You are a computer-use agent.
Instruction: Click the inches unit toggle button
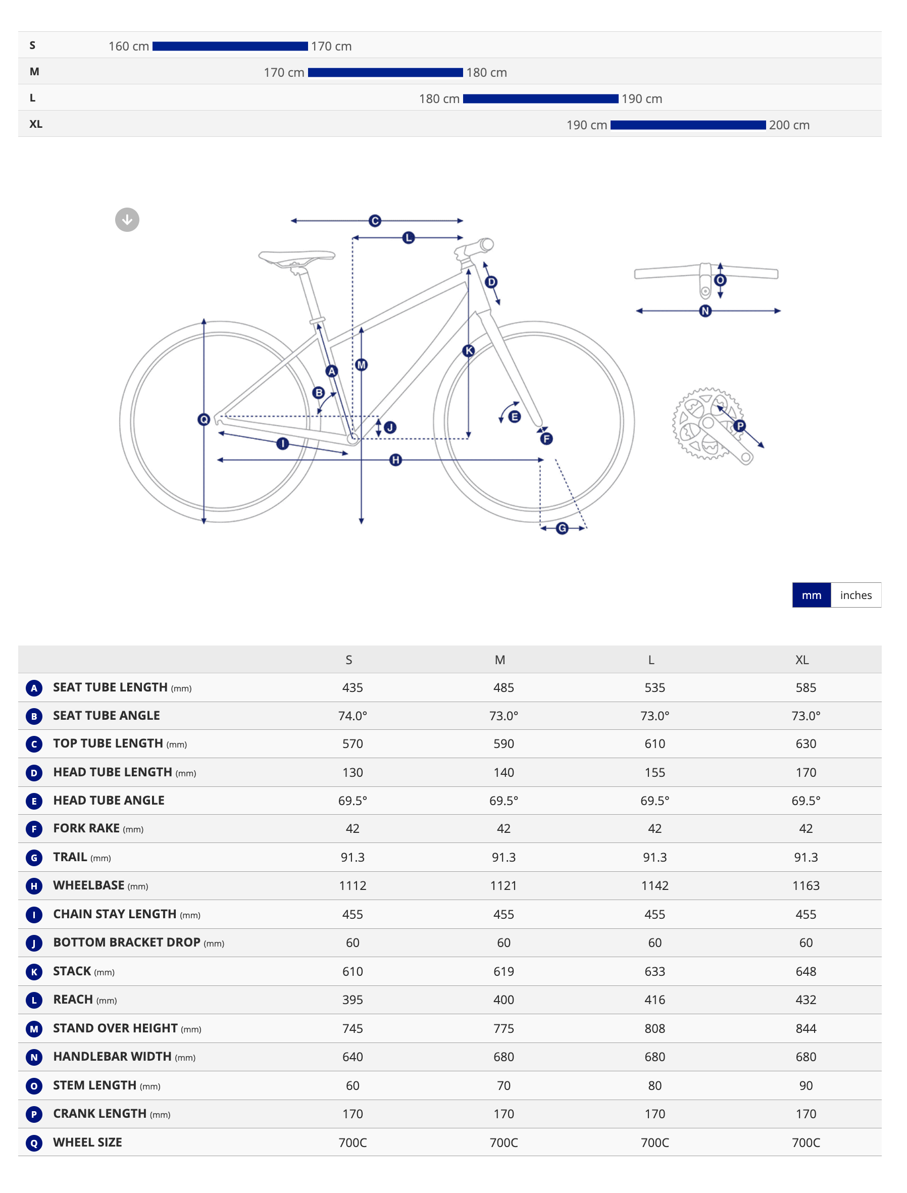(x=855, y=595)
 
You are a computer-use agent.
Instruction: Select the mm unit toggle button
(x=812, y=595)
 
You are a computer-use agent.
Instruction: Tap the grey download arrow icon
(x=127, y=220)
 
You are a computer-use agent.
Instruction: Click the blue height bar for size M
(x=385, y=72)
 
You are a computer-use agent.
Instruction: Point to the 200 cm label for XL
(x=789, y=125)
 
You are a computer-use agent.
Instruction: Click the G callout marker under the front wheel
(x=562, y=528)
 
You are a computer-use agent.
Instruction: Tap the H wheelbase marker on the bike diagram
(x=396, y=460)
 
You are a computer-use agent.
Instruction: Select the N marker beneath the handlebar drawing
(x=705, y=311)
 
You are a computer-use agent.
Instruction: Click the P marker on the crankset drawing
(x=740, y=426)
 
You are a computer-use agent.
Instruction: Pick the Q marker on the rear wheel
(x=204, y=419)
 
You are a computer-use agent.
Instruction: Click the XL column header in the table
(x=802, y=660)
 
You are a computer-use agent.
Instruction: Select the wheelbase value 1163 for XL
(x=805, y=885)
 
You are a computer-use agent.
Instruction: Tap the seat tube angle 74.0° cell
(x=352, y=716)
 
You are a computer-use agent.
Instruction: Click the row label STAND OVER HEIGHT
(x=115, y=1028)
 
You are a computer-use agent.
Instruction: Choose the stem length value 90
(x=805, y=1085)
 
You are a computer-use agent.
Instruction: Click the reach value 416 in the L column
(x=655, y=1000)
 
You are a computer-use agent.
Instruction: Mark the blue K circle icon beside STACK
(x=34, y=972)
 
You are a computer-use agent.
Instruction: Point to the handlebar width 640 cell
(x=352, y=1057)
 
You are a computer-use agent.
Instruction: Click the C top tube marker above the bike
(x=375, y=221)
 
